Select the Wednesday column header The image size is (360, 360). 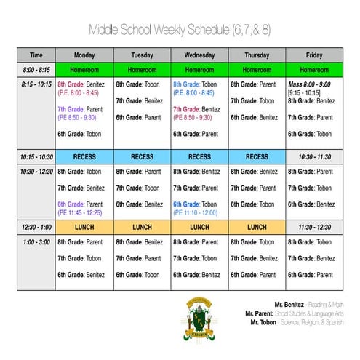tap(199, 55)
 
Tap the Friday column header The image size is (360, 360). tap(314, 55)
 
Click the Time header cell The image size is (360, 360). tap(36, 55)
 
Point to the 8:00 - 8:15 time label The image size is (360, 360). tap(36, 70)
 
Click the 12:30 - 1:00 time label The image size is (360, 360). tap(36, 227)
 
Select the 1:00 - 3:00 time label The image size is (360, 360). tap(36, 242)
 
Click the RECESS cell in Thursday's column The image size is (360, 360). tap(257, 156)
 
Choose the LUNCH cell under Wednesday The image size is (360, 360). tap(199, 227)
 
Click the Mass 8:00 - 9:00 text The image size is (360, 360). tap(310, 84)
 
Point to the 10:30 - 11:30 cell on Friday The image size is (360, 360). tap(314, 156)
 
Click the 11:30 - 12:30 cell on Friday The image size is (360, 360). tap(314, 227)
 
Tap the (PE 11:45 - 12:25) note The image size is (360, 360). tap(84, 212)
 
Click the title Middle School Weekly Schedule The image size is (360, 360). tap(180, 30)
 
